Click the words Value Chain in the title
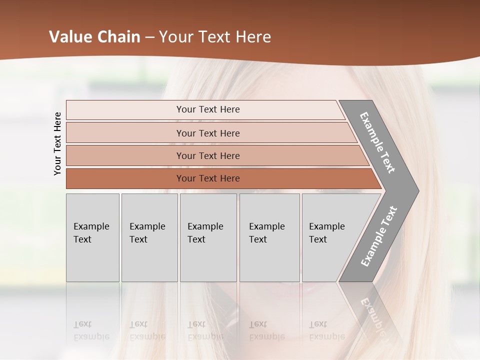coord(94,37)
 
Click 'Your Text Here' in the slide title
coord(215,37)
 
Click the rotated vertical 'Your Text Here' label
coord(57,143)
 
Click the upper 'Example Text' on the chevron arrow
coord(377,142)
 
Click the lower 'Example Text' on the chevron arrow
coord(378,236)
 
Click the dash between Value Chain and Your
coord(149,37)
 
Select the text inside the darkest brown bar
coord(208,178)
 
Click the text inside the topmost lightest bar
coord(208,109)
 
